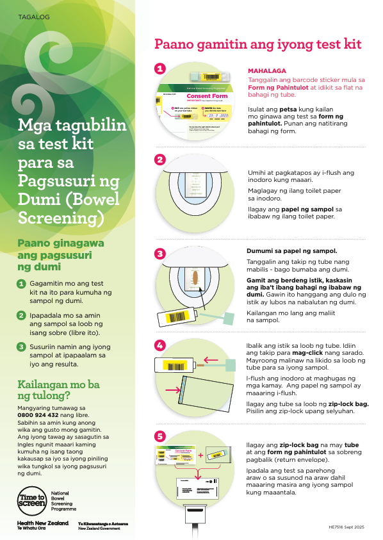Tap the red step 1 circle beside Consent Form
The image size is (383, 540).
(x=160, y=69)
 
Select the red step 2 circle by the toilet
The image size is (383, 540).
(x=160, y=160)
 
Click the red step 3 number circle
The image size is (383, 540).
(x=160, y=254)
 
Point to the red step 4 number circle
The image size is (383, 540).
(x=160, y=345)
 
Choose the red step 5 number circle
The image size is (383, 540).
(x=160, y=436)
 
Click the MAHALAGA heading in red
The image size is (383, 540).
(x=266, y=70)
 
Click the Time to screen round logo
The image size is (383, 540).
(x=32, y=500)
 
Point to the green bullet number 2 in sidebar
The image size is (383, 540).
(x=21, y=315)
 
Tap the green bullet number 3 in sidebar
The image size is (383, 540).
(x=21, y=347)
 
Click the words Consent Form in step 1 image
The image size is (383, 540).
(x=207, y=96)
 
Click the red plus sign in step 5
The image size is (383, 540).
(x=200, y=455)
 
